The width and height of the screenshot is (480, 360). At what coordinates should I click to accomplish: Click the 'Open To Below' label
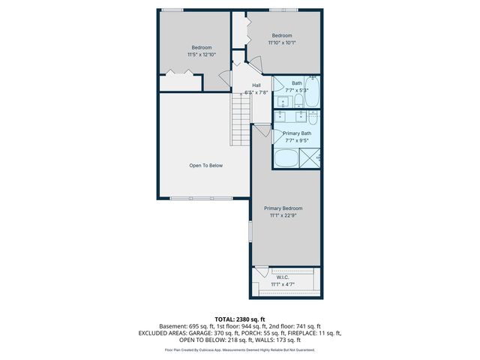[x=205, y=166]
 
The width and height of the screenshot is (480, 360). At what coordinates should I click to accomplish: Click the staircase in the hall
[x=239, y=122]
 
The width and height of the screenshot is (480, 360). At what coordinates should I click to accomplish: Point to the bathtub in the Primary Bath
[x=286, y=159]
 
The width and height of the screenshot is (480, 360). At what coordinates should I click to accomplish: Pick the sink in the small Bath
[x=283, y=101]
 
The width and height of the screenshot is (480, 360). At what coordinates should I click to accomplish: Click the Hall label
[x=256, y=85]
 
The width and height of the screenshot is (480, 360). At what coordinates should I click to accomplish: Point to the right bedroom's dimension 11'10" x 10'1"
[x=282, y=43]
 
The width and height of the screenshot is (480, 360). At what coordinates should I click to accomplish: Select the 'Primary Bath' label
[x=296, y=133]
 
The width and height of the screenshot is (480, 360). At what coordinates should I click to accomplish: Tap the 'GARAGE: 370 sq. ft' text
[x=214, y=332]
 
